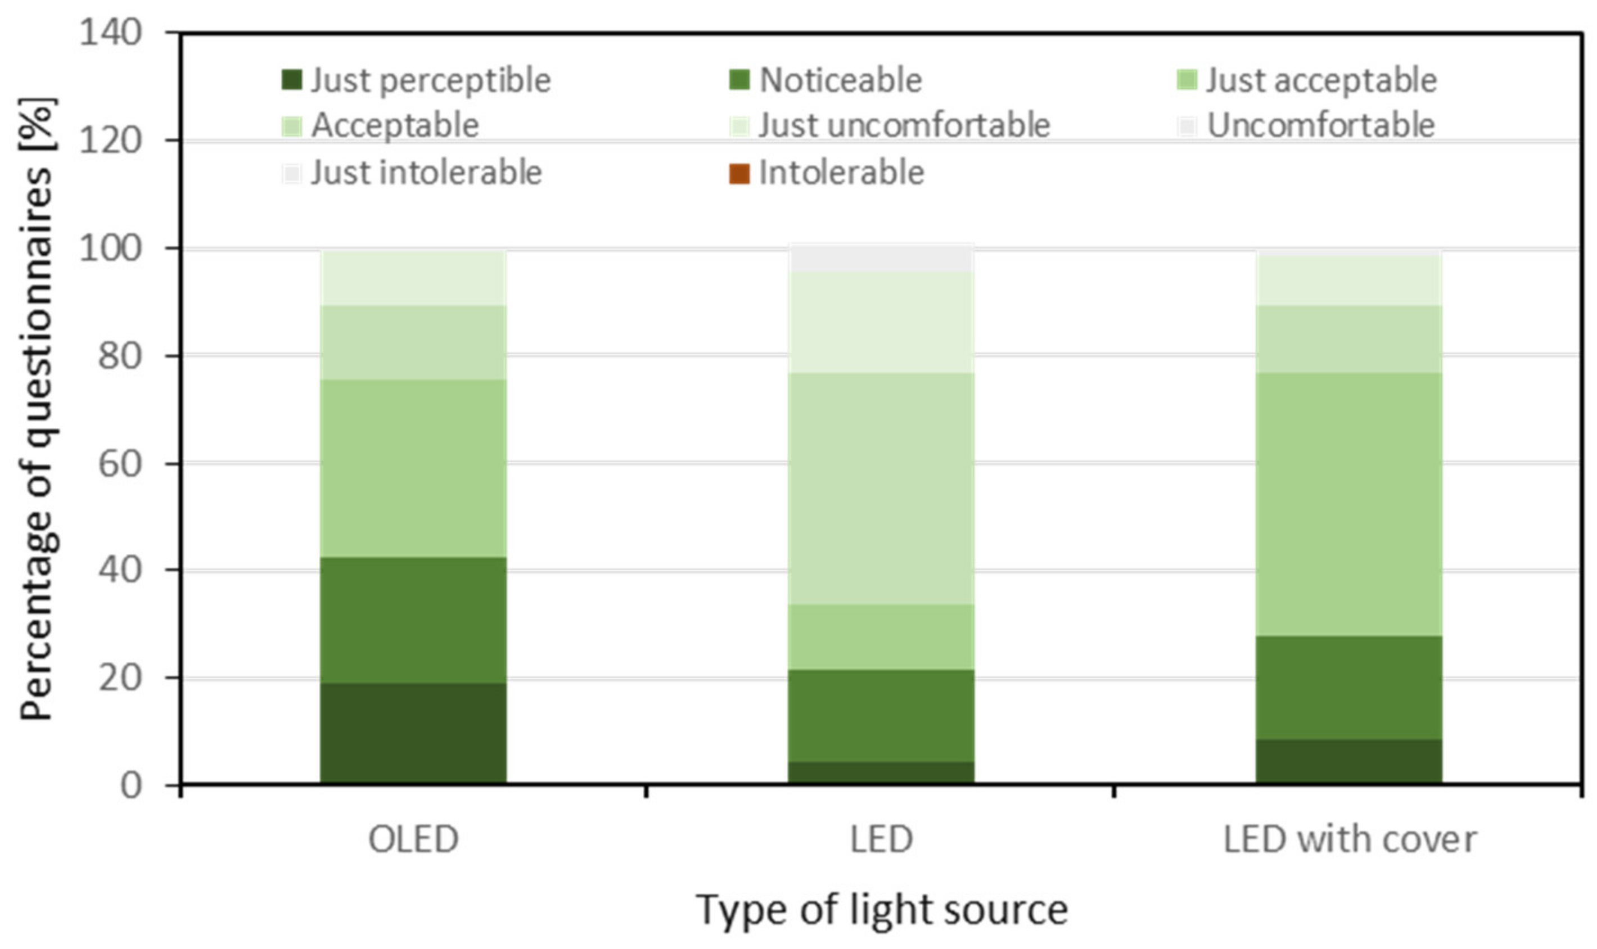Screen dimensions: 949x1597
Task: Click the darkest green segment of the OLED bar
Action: [413, 733]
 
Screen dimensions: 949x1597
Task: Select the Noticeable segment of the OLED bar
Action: [413, 620]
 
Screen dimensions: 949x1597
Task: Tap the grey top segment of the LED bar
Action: [881, 259]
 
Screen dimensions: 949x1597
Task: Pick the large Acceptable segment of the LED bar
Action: [881, 489]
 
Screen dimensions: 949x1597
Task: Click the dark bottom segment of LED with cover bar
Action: [1349, 761]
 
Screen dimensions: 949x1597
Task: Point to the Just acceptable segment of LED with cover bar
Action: [1349, 504]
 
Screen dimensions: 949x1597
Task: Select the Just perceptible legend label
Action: [430, 80]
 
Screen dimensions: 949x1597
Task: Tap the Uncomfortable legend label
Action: [1321, 125]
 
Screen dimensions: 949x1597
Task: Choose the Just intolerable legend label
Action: [426, 173]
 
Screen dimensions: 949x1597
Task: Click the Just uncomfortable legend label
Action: [904, 125]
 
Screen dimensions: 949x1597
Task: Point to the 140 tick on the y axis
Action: [110, 32]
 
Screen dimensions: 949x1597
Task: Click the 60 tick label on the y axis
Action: [119, 463]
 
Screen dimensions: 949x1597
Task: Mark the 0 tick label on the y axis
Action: [130, 785]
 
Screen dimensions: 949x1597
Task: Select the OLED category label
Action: [413, 839]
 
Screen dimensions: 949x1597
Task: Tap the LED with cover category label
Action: [1350, 839]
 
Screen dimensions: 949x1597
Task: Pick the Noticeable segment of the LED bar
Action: [881, 716]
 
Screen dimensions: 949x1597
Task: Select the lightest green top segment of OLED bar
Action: [413, 278]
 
